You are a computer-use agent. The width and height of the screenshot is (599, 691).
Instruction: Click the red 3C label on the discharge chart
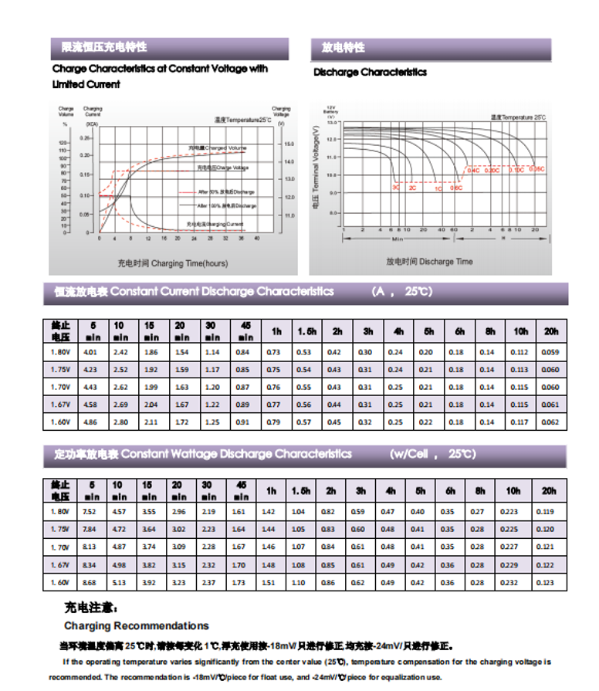(396, 187)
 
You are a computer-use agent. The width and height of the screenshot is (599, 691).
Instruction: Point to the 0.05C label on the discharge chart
(536, 168)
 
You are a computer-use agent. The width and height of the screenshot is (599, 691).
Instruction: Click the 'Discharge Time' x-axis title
(429, 262)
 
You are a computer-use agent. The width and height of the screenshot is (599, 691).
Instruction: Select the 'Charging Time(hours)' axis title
(173, 263)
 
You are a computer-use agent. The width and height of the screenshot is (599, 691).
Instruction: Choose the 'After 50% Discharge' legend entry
(226, 191)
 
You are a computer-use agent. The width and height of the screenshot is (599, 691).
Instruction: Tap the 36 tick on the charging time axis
(242, 239)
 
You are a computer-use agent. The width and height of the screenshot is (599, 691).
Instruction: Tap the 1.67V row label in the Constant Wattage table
(60, 564)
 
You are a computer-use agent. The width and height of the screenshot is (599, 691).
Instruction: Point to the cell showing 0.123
(548, 582)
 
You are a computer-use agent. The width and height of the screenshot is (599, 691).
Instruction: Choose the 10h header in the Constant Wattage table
(513, 490)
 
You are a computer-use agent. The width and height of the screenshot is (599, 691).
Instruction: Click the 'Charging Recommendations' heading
(137, 625)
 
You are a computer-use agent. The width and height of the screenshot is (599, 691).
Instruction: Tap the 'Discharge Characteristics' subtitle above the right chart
(370, 73)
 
